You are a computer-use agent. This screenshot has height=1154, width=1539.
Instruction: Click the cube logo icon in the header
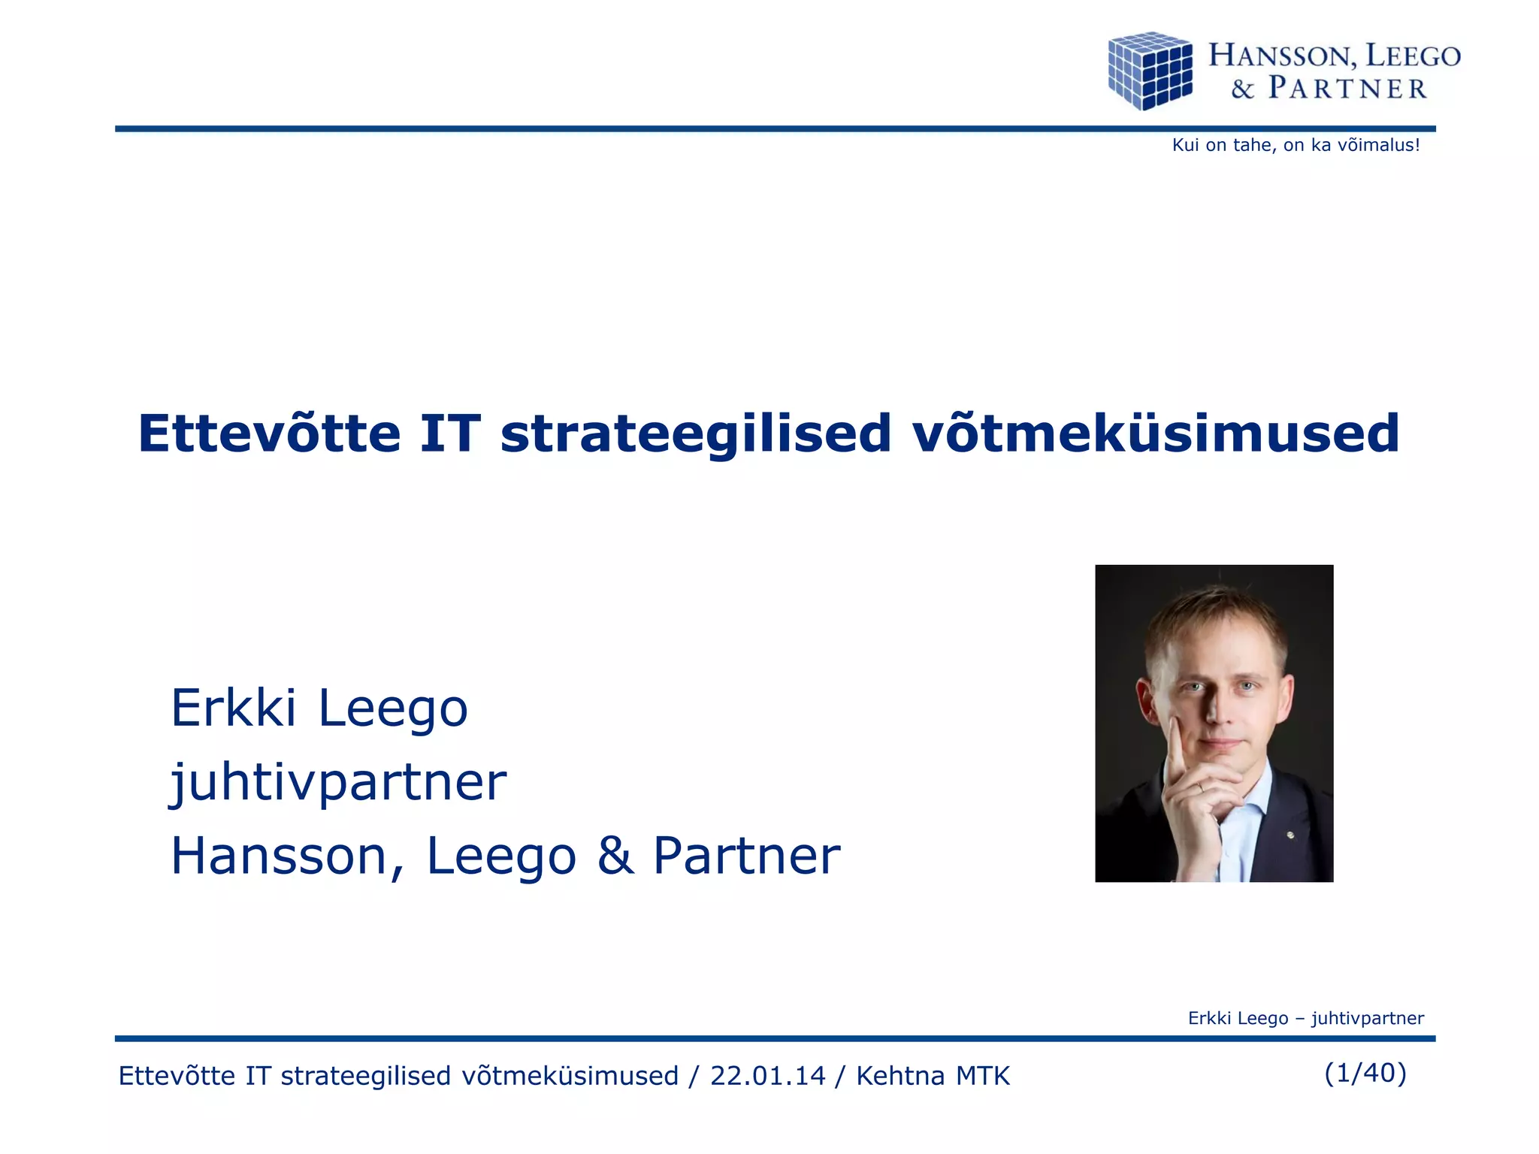(1150, 71)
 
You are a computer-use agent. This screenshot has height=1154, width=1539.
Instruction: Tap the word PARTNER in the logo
(1347, 89)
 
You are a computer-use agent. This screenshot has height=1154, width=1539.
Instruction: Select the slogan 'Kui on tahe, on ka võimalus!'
(1296, 145)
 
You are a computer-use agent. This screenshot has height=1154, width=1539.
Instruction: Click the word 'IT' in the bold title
(449, 434)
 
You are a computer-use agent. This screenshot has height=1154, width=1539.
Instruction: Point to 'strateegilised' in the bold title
(696, 435)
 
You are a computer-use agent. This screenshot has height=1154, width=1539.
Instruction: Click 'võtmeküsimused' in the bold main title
(1155, 434)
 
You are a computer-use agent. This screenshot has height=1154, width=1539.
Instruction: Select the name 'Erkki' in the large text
(233, 708)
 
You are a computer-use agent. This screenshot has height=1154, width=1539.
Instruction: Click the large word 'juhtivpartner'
(338, 783)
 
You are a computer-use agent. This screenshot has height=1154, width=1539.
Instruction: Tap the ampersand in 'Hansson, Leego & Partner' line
(615, 856)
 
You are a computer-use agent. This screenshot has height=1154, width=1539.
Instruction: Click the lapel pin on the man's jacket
(1290, 835)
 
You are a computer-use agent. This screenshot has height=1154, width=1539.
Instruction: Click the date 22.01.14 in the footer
(767, 1076)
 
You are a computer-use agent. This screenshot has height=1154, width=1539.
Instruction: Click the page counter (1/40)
(1365, 1073)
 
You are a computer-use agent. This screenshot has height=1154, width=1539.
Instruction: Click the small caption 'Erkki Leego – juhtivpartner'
(1305, 1018)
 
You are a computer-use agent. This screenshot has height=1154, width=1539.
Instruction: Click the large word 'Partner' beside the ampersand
(746, 856)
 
